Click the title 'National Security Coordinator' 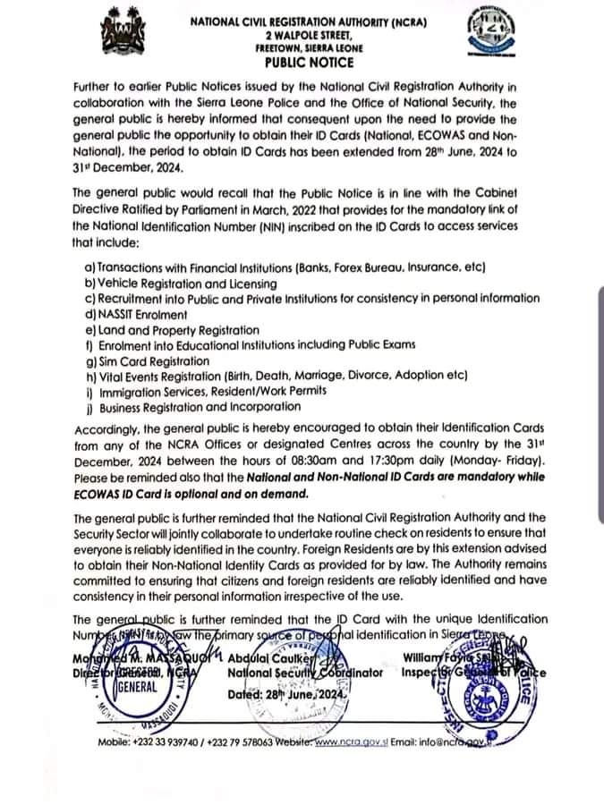(305, 673)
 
